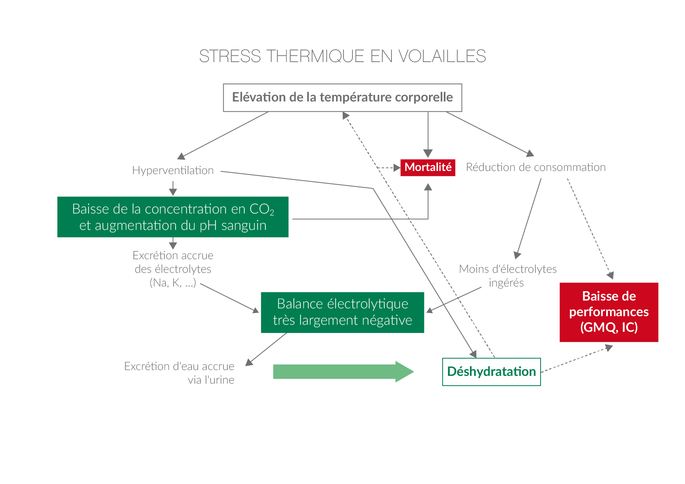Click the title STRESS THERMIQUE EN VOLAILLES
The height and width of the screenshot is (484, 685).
tap(342, 56)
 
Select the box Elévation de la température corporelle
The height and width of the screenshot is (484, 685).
tap(342, 98)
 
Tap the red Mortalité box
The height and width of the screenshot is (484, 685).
tap(428, 167)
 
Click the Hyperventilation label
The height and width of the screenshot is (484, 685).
tap(173, 171)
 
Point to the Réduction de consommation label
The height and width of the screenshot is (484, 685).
tap(536, 167)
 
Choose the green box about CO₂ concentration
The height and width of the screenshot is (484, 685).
tap(173, 217)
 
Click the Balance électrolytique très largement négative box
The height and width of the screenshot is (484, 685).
tap(342, 312)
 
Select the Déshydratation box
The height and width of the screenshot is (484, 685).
tap(491, 372)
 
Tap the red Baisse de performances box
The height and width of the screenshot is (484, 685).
tap(609, 312)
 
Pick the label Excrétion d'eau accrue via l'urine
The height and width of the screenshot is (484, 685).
tap(180, 373)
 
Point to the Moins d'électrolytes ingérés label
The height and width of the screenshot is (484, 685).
tap(507, 276)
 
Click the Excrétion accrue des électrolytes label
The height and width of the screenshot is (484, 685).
tap(173, 269)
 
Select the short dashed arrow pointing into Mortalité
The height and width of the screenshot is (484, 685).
tap(390, 168)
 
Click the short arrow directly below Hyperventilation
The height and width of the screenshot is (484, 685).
tap(173, 189)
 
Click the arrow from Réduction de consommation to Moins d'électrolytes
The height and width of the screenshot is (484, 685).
tap(529, 219)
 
